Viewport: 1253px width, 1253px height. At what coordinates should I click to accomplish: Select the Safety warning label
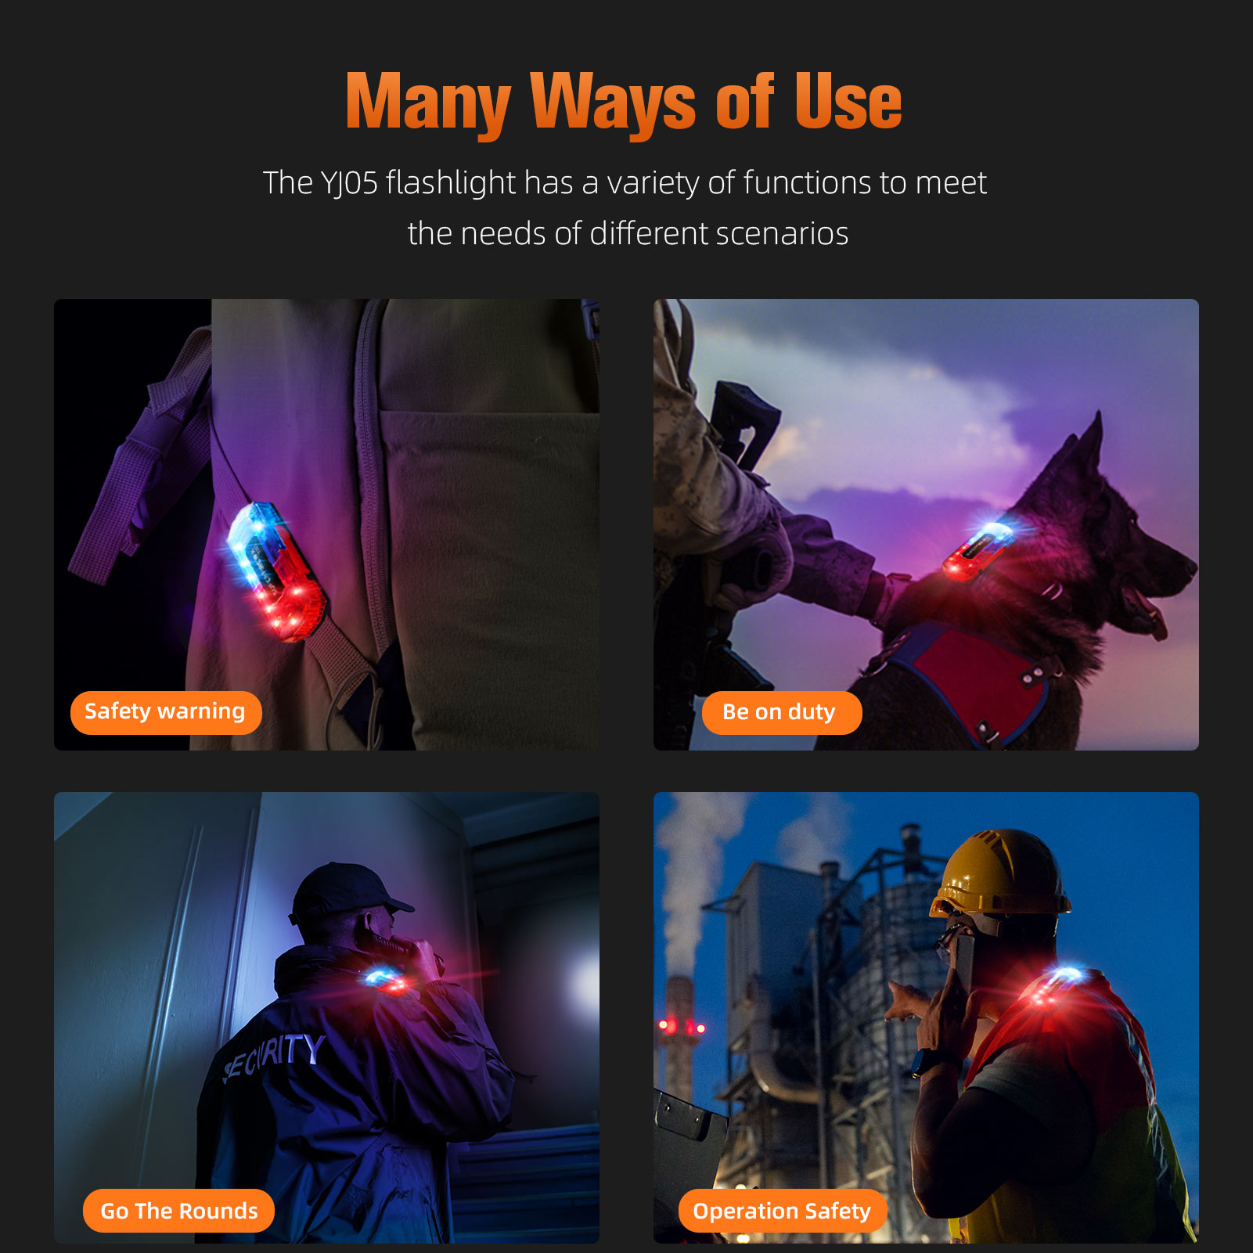tap(166, 712)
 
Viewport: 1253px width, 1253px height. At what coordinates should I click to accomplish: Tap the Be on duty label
tap(781, 712)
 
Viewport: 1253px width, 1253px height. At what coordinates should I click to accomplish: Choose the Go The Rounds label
tap(179, 1211)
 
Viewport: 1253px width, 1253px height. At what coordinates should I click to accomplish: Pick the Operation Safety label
tap(783, 1211)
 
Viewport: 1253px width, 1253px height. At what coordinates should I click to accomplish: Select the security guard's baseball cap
tap(348, 892)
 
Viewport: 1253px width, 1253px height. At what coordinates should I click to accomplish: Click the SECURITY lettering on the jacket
tap(274, 1056)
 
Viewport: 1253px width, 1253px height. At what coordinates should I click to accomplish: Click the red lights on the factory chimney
tap(682, 1026)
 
